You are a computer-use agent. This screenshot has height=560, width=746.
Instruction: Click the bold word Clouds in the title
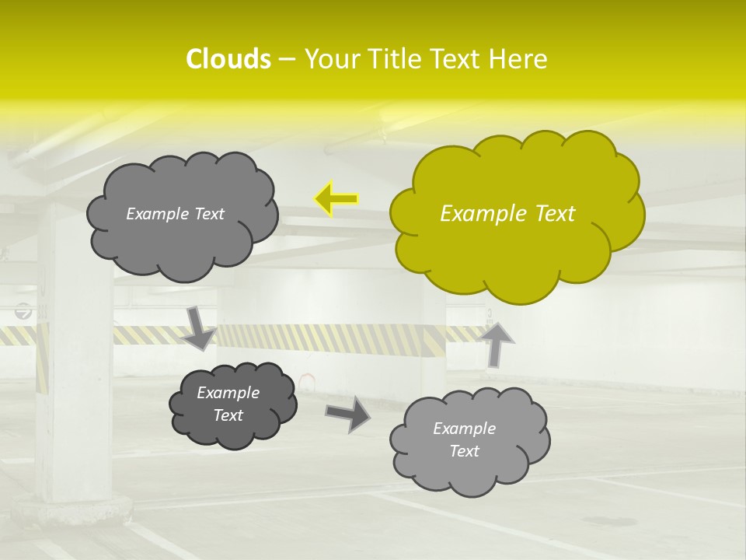tap(228, 59)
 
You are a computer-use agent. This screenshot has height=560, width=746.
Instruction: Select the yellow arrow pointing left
tap(336, 199)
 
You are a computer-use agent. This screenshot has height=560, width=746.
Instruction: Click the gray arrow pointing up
tap(498, 343)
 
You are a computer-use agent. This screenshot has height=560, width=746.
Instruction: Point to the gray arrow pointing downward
tap(199, 328)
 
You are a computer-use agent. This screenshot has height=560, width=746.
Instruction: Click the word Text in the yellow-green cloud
tap(556, 214)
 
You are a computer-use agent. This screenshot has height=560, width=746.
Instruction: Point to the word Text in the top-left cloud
tap(208, 214)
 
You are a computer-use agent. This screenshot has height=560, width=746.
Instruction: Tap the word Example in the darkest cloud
tap(228, 393)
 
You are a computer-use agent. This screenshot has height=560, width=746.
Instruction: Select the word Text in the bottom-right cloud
tap(465, 451)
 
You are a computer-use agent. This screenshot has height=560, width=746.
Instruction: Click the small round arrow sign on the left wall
tap(24, 312)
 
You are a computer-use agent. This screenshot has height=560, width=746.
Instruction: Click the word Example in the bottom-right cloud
tap(464, 429)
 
